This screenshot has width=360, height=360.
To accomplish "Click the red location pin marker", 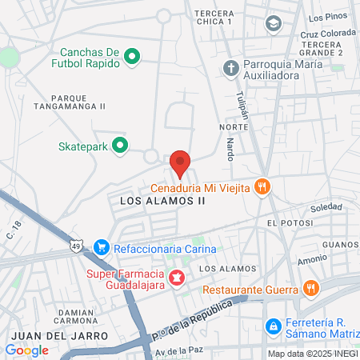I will [181, 163].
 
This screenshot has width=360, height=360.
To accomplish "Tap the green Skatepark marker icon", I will [120, 146].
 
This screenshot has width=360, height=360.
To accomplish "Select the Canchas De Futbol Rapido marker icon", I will [132, 56].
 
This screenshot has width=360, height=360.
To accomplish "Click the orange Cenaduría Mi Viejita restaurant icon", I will [262, 187].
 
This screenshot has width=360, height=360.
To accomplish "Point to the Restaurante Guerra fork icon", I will [311, 289].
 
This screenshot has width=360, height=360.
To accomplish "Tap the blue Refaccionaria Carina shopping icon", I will [101, 248].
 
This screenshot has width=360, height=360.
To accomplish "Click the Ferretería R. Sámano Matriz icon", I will [273, 326].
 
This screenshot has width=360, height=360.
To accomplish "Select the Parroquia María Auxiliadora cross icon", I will [231, 68].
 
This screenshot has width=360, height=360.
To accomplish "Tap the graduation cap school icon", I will [274, 23].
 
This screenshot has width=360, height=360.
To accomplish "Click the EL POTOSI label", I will [288, 222].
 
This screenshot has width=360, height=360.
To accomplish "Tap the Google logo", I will [27, 350].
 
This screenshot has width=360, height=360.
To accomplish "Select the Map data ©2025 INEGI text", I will [311, 354].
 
